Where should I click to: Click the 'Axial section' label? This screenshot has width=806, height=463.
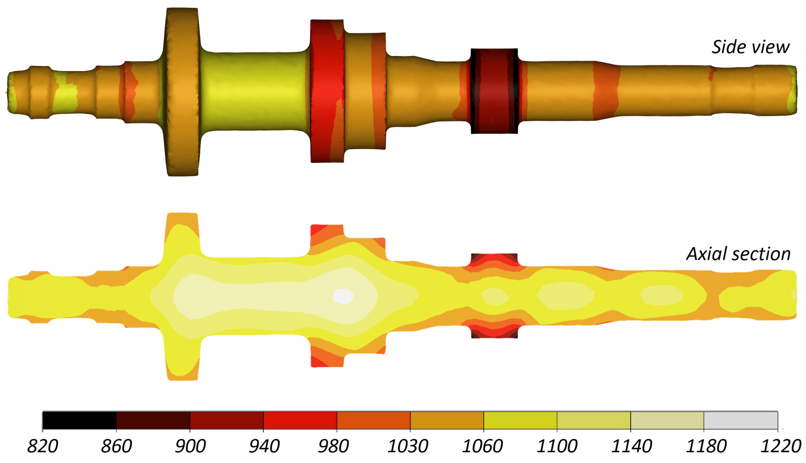(x=738, y=254)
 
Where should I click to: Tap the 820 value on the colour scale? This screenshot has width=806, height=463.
(x=43, y=446)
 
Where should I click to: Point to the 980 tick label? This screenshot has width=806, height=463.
(x=333, y=446)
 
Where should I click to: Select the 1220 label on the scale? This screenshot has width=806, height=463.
(x=780, y=446)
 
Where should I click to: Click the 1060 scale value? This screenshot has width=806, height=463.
(x=482, y=446)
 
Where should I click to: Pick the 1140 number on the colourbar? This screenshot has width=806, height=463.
(x=631, y=446)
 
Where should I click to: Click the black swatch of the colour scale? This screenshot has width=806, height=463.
(x=79, y=420)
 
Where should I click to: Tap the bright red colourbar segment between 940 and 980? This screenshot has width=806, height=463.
(x=300, y=420)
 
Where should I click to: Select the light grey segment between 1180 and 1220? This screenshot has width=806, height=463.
(x=740, y=420)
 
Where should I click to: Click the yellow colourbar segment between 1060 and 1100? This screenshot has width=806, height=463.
(x=520, y=420)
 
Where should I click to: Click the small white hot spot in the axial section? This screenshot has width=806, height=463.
(x=343, y=296)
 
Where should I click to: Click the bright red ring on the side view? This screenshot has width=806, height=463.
(x=327, y=91)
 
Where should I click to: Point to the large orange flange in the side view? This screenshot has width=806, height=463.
(x=183, y=92)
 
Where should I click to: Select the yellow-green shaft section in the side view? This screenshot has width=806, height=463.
(x=254, y=91)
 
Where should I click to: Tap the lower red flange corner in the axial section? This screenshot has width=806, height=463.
(x=318, y=361)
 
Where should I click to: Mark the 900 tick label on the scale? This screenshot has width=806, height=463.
(x=190, y=446)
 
